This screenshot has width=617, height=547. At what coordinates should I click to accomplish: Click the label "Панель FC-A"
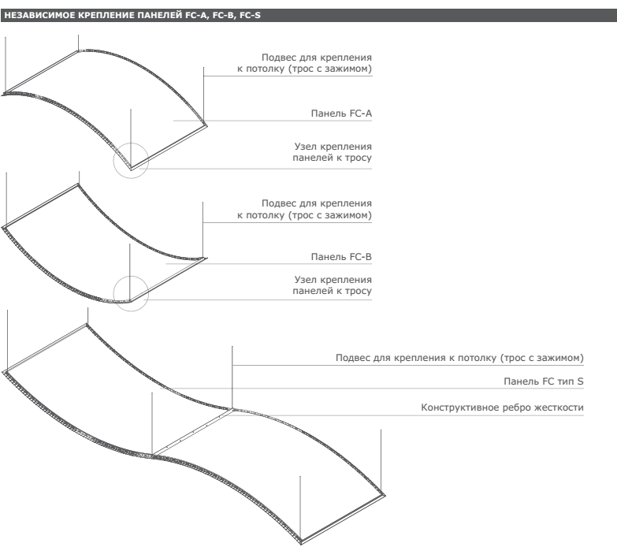[341, 113]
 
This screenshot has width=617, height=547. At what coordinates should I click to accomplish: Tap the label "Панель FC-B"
[341, 257]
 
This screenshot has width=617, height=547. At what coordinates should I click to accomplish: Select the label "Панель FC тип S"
[544, 381]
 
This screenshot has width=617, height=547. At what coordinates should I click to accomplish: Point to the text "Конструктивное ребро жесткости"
[502, 407]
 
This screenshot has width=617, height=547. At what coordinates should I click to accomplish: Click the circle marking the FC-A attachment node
[131, 143]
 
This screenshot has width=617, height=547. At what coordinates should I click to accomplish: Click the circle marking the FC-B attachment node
[131, 276]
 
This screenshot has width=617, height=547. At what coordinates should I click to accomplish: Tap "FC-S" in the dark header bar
[250, 15]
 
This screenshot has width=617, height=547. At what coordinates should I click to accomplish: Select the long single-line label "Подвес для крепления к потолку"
[459, 358]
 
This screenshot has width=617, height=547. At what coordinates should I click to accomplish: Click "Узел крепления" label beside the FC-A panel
[333, 147]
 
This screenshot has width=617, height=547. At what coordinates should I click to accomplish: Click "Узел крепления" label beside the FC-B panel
[333, 279]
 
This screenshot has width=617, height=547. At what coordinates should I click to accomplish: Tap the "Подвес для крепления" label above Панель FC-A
[317, 58]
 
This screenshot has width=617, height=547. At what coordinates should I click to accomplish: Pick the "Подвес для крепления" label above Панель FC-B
[317, 203]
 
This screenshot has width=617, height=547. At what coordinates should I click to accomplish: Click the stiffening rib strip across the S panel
[193, 432]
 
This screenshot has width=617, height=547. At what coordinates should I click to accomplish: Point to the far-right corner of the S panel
[385, 495]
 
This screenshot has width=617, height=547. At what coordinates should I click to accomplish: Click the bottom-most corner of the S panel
[301, 543]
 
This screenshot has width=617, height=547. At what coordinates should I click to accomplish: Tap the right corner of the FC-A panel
[206, 125]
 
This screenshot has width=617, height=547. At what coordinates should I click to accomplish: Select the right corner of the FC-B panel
[206, 259]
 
